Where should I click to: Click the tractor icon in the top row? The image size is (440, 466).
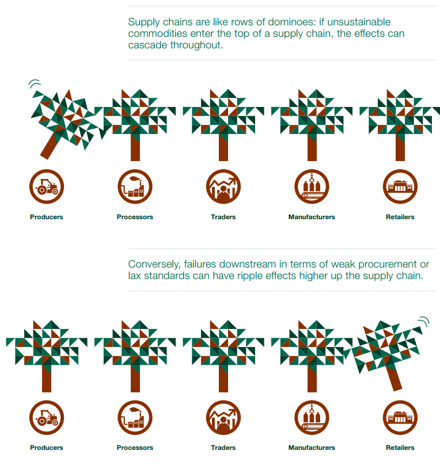pos(47,186)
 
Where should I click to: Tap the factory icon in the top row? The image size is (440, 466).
pos(135,186)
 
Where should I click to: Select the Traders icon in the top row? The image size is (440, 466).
pos(223,186)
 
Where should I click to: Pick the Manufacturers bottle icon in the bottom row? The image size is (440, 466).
pos(312,418)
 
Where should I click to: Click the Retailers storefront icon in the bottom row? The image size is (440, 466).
pos(400,418)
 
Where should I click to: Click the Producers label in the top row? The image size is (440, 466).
pos(47,217)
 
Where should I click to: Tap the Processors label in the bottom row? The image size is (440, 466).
pos(135,448)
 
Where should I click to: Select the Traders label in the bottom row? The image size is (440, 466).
pos(223,448)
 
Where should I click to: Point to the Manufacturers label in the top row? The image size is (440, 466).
pos(312,217)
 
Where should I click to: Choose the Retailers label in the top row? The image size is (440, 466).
pos(400,217)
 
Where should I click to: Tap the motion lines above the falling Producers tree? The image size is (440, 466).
pos(34,83)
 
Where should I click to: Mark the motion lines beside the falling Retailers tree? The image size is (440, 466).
pos(424,321)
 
